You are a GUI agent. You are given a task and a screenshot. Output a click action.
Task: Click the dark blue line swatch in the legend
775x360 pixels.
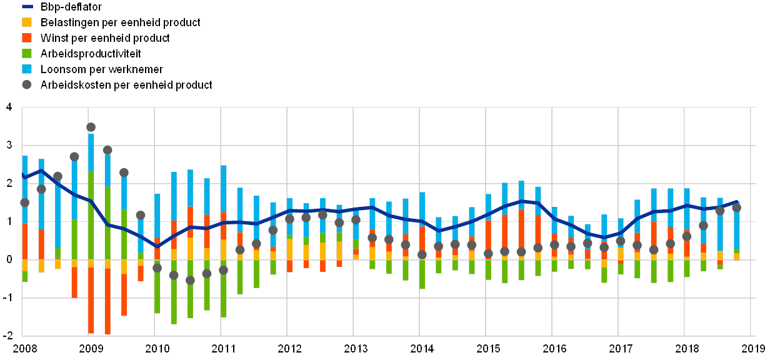[27, 7]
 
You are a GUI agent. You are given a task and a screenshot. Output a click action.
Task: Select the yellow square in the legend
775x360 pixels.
[27, 22]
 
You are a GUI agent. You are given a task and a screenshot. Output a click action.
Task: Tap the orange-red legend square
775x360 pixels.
[27, 38]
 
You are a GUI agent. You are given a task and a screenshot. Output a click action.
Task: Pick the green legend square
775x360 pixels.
[27, 54]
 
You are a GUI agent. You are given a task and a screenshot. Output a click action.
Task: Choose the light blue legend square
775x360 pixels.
[27, 69]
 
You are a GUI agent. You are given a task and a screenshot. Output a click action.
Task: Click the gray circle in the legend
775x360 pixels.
[27, 85]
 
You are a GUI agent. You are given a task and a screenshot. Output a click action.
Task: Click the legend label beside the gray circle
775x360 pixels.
[126, 85]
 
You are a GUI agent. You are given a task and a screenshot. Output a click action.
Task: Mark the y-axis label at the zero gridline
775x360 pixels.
[9, 260]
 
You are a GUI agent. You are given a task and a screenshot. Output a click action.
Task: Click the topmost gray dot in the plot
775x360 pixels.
[91, 127]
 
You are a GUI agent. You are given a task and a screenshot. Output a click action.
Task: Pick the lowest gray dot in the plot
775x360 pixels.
[190, 281]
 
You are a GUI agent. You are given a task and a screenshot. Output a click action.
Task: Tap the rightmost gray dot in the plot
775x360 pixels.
[736, 207]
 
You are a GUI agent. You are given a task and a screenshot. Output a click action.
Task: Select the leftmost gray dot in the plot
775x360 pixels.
[24, 202]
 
